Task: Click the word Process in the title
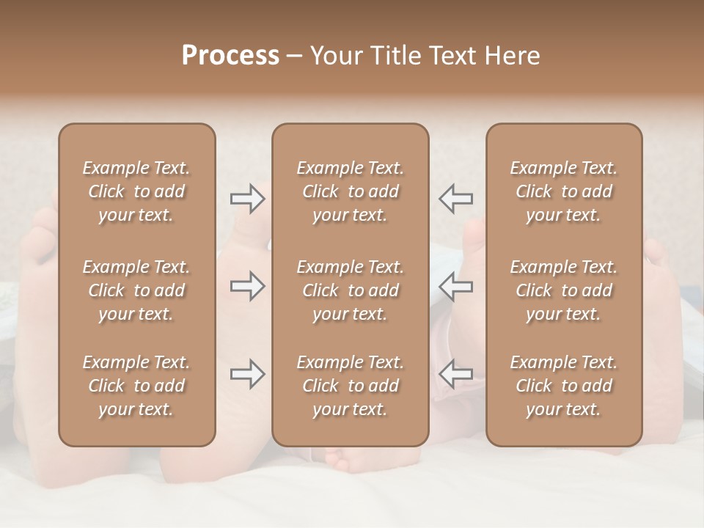tap(230, 56)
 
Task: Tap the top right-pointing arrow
tap(247, 199)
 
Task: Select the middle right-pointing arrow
tap(247, 286)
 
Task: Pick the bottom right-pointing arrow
tap(247, 374)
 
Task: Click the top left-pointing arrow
tap(455, 199)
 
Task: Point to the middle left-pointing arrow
tap(455, 286)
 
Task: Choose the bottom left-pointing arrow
tap(455, 374)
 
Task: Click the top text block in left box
tap(136, 191)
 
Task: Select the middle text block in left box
tap(136, 290)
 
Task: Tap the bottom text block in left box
tap(136, 386)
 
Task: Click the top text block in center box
tap(350, 191)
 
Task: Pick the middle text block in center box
tap(350, 290)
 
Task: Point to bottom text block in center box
tap(350, 386)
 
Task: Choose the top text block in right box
tap(563, 191)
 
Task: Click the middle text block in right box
tap(563, 290)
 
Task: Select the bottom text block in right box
tap(563, 386)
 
